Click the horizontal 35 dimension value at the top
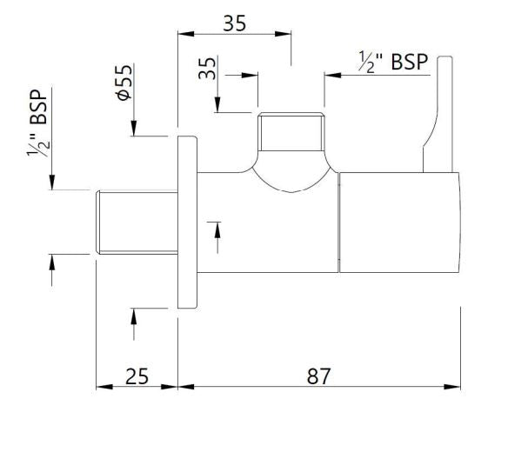coord(233,23)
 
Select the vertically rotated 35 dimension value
coord(207,70)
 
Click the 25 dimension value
coord(137,376)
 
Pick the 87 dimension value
coord(319,376)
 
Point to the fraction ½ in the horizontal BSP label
coord(367,62)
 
